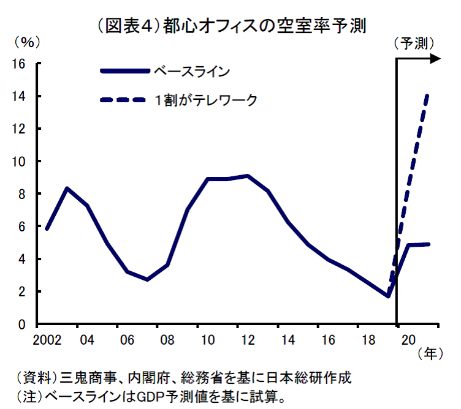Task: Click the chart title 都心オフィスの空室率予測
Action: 230,26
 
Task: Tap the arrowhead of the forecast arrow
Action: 436,59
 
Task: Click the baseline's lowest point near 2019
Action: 387,296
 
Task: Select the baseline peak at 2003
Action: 66,188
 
